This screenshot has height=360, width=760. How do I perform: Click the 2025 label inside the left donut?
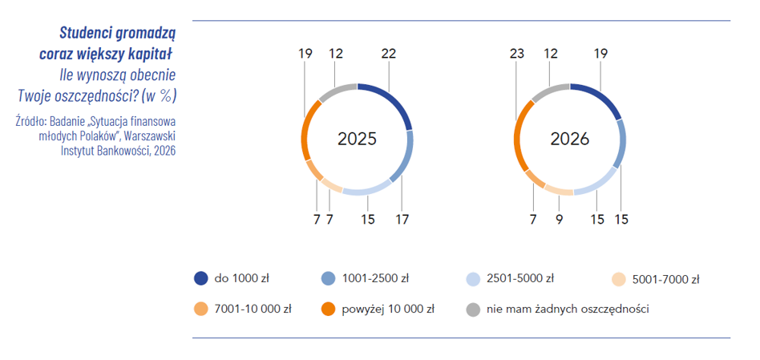click(x=357, y=139)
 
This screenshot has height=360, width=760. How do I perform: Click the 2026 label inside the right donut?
click(x=569, y=139)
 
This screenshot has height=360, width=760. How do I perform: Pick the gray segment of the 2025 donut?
click(x=336, y=89)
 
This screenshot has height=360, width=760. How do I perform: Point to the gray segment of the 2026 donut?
click(x=549, y=89)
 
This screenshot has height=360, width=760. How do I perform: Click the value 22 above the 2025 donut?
click(x=389, y=54)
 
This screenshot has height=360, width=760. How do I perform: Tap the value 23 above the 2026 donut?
click(x=516, y=54)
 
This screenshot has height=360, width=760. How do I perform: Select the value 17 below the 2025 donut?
click(x=402, y=220)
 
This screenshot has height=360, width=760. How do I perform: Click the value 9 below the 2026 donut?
click(x=560, y=220)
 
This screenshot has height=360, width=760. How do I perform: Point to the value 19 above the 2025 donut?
click(x=305, y=54)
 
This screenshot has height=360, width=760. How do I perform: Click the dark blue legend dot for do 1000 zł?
click(x=200, y=278)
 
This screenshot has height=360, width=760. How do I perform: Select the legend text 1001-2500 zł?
click(x=375, y=278)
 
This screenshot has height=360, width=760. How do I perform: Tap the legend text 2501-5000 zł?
click(x=520, y=278)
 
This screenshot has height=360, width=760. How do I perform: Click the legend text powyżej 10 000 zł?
click(x=388, y=309)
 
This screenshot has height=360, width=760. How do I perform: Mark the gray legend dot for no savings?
click(x=473, y=309)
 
